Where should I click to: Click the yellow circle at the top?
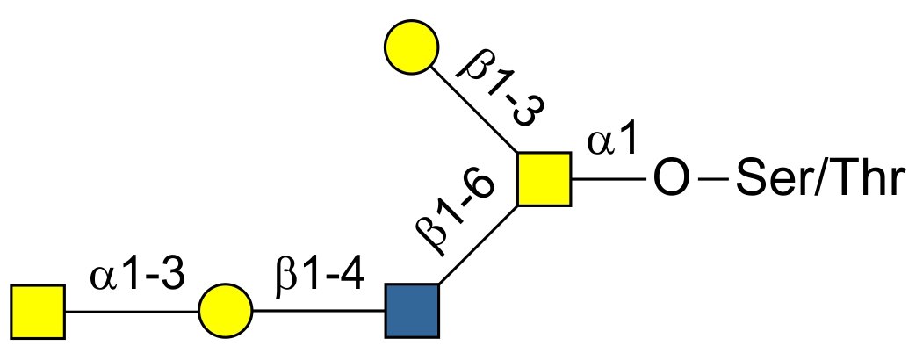[x=411, y=49]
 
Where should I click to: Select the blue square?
[x=411, y=311]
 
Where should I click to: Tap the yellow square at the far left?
[x=38, y=311]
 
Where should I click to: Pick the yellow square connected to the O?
[x=544, y=179]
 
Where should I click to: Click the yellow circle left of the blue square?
[x=226, y=311]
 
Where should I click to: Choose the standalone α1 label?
[x=616, y=140]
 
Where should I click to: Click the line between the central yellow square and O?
[x=610, y=179]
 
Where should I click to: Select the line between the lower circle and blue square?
[x=318, y=311]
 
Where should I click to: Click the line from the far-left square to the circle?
[x=132, y=311]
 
